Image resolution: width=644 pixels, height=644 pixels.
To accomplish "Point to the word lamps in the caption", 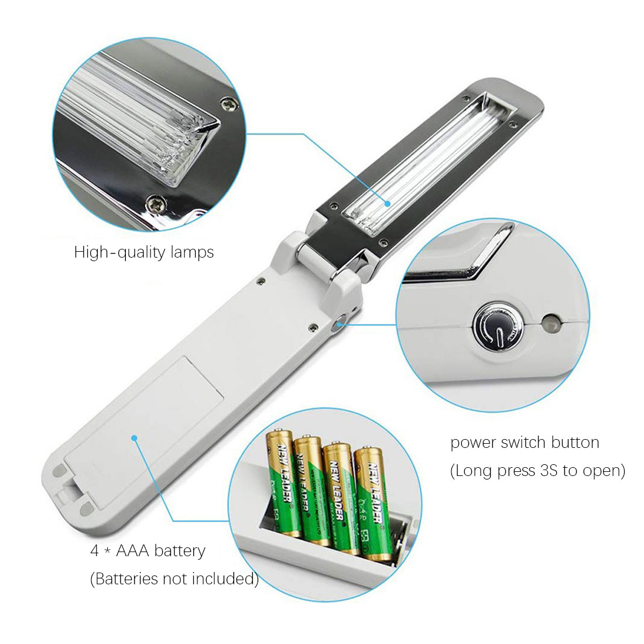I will pyautogui.click(x=192, y=252).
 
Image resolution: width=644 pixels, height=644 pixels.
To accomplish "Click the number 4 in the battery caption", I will pyautogui.click(x=94, y=551).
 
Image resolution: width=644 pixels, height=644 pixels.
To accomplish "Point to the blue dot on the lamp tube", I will pyautogui.click(x=387, y=203).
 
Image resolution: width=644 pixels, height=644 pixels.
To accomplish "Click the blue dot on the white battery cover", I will pyautogui.click(x=134, y=437).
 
